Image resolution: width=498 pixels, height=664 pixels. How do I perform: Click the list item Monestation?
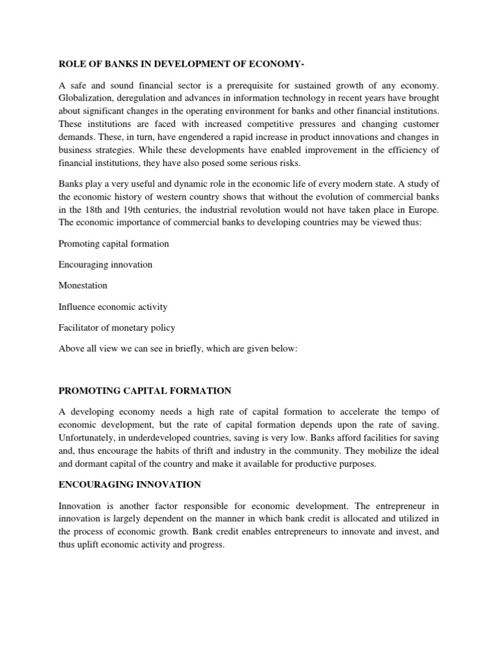[83, 285]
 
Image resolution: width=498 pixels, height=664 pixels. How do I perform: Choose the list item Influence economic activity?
[113, 307]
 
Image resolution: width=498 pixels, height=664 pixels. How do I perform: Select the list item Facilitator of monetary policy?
[117, 327]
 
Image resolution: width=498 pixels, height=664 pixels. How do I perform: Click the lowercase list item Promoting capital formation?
[113, 244]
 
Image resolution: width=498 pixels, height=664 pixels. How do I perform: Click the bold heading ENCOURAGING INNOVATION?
[130, 484]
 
